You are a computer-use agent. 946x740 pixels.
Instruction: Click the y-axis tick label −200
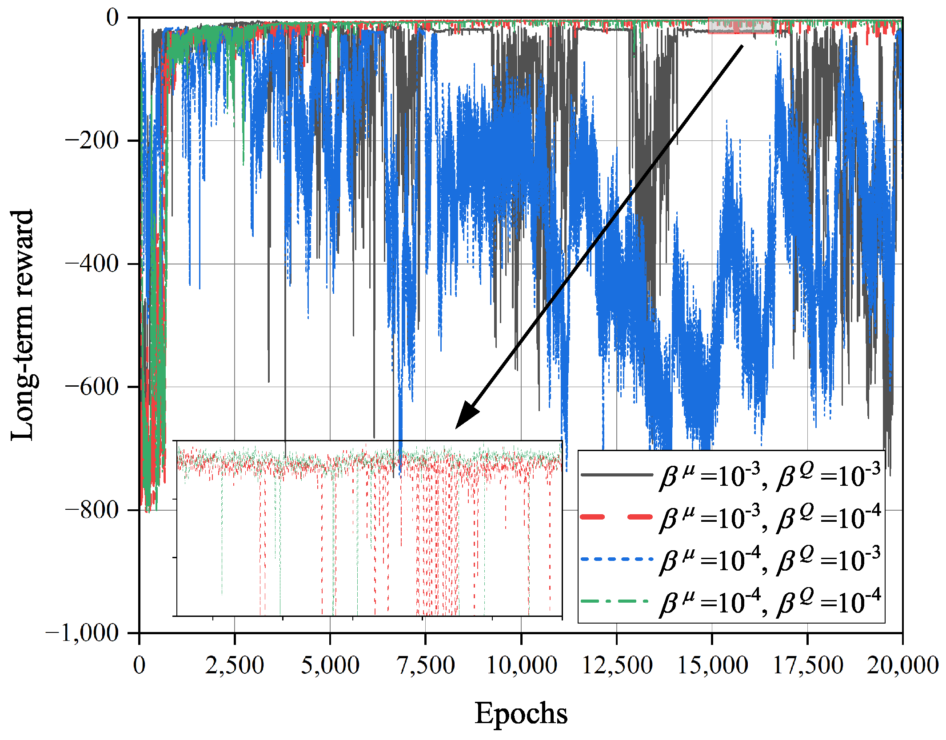tap(92, 141)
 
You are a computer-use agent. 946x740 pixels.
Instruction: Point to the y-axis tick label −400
tap(92, 264)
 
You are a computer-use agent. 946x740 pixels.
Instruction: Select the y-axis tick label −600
tap(92, 387)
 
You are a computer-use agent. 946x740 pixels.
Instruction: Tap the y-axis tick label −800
tap(92, 510)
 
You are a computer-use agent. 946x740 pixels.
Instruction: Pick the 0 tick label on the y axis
tap(112, 18)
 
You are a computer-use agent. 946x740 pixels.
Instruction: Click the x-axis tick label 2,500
tap(235, 665)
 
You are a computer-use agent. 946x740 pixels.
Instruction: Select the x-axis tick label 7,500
tap(425, 665)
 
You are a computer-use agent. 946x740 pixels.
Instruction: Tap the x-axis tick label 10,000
tap(521, 665)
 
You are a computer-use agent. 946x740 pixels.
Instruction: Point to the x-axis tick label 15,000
tap(712, 665)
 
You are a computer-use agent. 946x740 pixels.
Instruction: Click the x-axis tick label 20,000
tap(902, 665)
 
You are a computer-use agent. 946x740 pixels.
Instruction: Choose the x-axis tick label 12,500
tap(617, 665)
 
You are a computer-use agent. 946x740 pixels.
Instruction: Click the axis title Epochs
tap(521, 714)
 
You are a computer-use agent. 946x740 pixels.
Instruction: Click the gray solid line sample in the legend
tap(617, 475)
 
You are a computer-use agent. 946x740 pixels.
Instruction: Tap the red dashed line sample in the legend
tap(617, 517)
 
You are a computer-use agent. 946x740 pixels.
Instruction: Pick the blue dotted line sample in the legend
tap(617, 559)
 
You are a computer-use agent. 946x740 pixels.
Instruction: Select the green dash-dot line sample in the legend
tap(617, 601)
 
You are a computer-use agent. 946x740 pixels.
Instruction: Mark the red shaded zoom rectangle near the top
tap(740, 26)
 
